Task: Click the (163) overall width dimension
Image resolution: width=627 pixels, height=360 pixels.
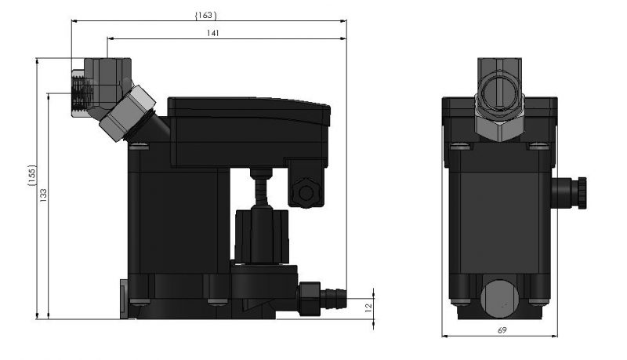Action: [205, 15]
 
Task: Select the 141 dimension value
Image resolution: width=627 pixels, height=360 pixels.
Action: [212, 33]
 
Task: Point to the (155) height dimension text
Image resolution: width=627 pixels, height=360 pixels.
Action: [31, 175]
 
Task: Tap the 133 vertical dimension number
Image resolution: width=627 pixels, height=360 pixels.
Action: [43, 195]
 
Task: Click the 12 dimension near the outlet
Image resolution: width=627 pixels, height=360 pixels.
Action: [368, 307]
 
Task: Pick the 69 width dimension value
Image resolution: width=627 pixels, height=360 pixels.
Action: [502, 330]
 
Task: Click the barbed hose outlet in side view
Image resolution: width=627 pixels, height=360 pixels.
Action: [333, 298]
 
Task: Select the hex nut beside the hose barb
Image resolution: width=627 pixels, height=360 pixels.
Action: [309, 298]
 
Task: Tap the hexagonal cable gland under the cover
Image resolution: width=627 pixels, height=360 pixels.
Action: [306, 193]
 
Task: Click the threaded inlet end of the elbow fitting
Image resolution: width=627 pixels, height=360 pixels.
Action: [82, 93]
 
